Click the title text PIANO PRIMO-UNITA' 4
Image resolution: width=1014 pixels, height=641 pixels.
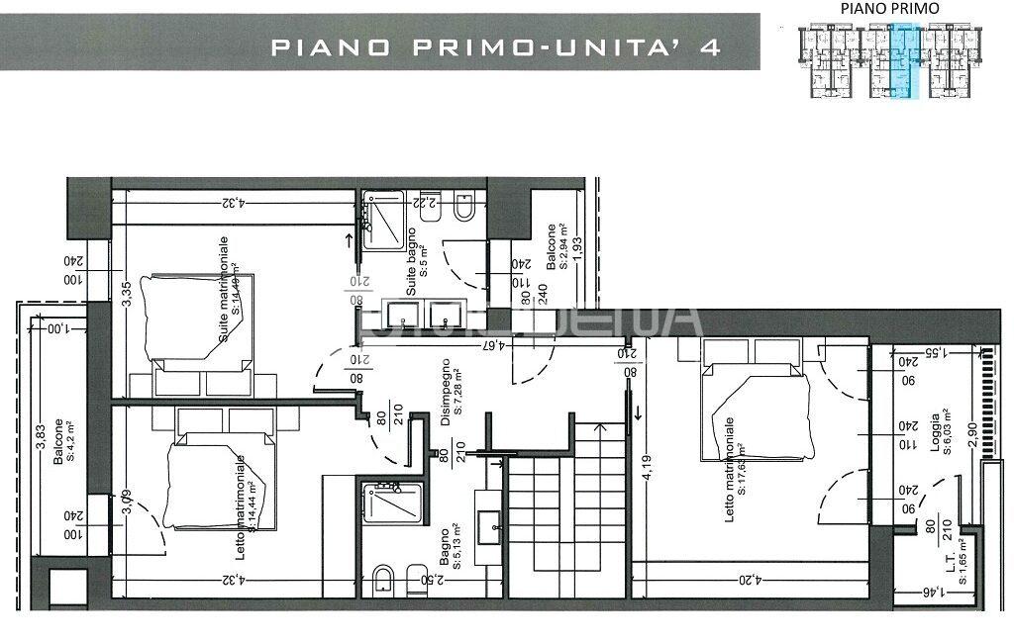[495, 46]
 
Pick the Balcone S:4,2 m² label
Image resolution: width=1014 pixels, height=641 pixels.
[65, 442]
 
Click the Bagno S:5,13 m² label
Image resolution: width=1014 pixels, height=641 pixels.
[452, 547]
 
